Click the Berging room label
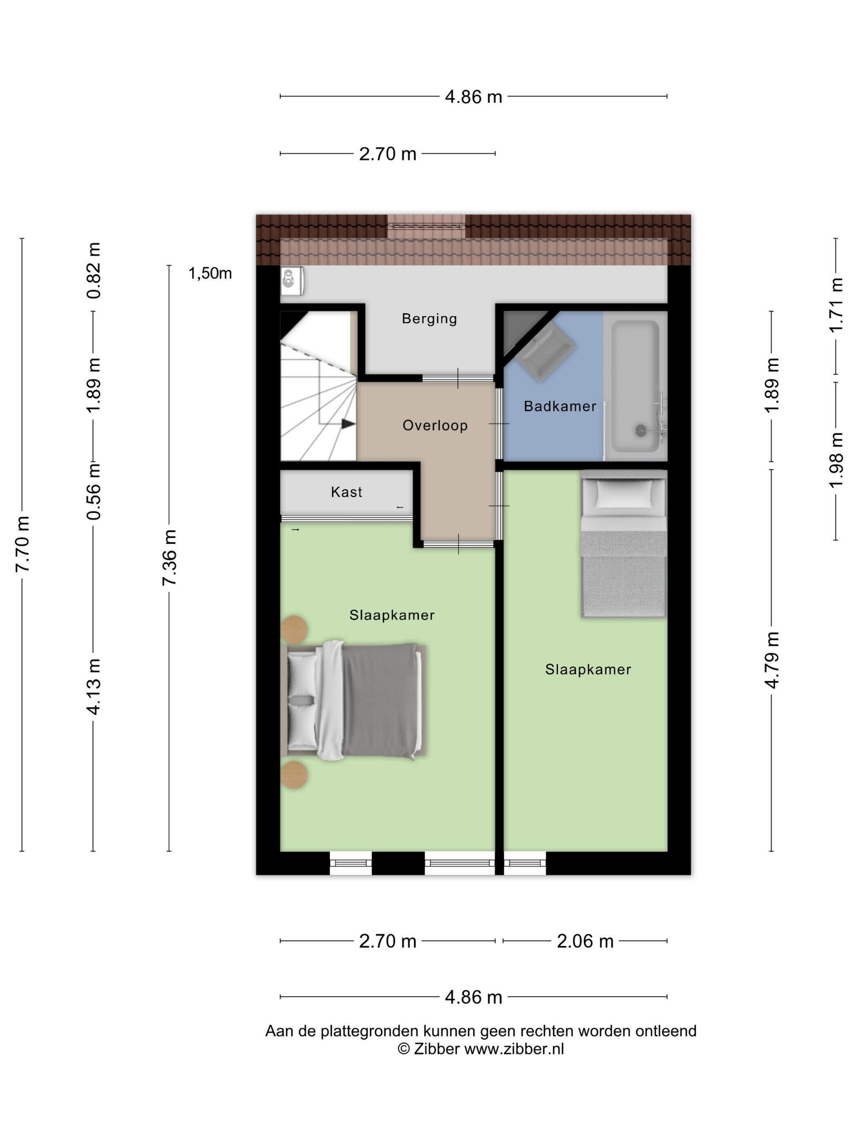[x=429, y=319]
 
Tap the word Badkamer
[x=560, y=406]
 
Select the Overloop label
[x=435, y=425]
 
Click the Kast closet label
[x=346, y=492]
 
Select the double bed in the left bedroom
[x=354, y=701]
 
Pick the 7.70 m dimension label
[x=23, y=544]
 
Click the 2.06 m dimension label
[x=585, y=941]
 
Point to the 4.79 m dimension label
[x=772, y=660]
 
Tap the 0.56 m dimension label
[x=94, y=492]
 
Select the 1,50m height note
[x=210, y=273]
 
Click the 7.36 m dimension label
[x=170, y=558]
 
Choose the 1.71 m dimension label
[x=836, y=305]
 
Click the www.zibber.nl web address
[x=514, y=1049]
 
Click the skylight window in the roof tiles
[x=426, y=226]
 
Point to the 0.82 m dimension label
[x=94, y=270]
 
